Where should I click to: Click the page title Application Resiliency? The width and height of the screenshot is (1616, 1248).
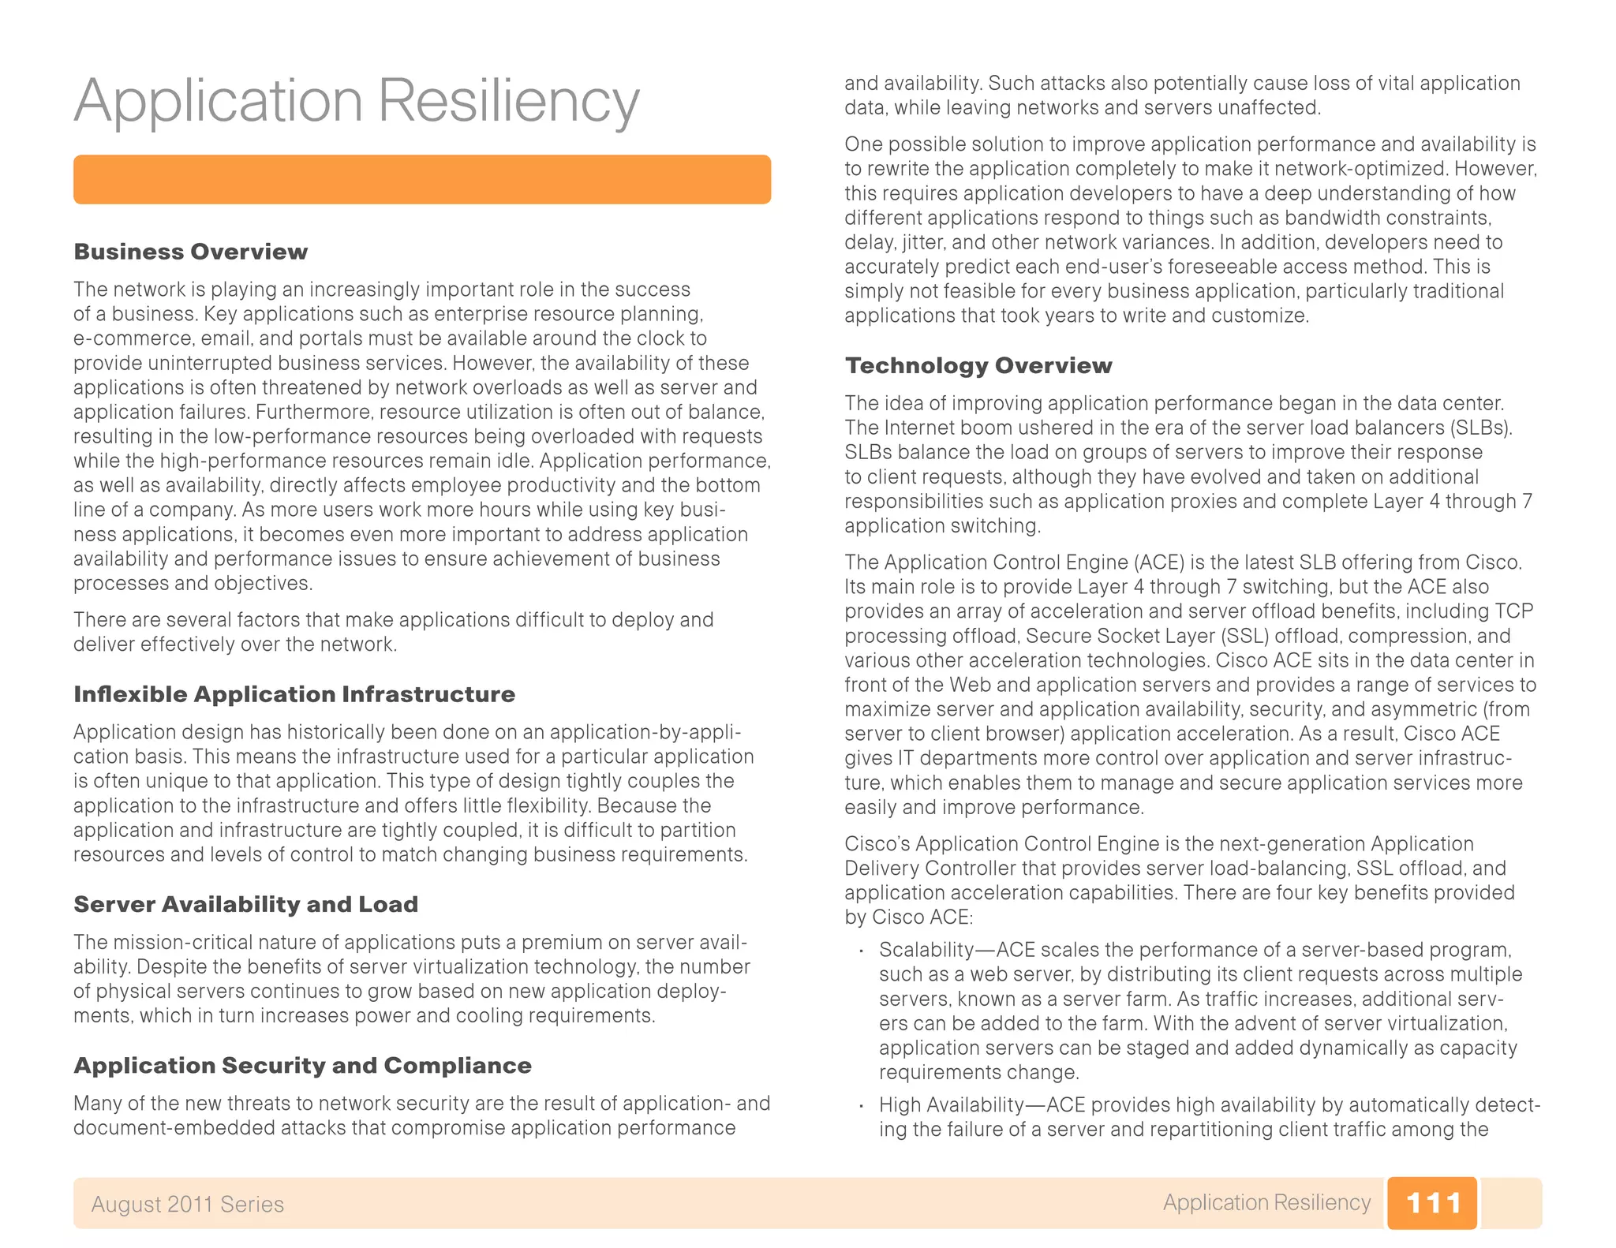click(356, 101)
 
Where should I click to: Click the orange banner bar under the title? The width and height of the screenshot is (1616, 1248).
click(421, 180)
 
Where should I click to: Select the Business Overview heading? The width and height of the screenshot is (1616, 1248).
click(190, 252)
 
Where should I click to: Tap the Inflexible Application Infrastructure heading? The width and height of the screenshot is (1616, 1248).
click(294, 694)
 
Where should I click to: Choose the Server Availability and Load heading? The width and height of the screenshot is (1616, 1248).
click(245, 904)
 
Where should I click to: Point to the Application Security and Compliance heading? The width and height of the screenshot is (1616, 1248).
click(302, 1066)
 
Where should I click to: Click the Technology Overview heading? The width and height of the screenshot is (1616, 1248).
click(978, 365)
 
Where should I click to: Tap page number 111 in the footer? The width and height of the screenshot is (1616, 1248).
click(1432, 1203)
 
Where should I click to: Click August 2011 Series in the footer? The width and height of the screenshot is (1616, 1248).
click(187, 1205)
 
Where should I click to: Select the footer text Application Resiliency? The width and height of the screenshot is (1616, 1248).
click(1266, 1202)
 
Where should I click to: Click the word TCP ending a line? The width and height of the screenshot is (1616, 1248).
click(1513, 611)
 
